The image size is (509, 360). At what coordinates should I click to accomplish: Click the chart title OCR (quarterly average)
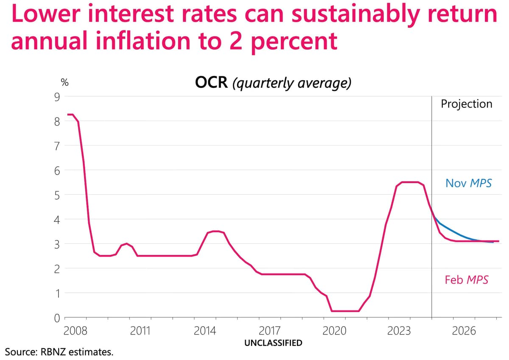click(273, 83)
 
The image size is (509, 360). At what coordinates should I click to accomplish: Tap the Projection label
click(467, 104)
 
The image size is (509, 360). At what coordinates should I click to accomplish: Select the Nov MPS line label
click(468, 183)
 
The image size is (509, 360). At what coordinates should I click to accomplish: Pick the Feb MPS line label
click(467, 280)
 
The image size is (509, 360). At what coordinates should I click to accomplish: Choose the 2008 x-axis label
click(75, 331)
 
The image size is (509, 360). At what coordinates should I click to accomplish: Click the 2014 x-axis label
click(205, 331)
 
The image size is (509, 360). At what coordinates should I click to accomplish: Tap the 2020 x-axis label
click(335, 331)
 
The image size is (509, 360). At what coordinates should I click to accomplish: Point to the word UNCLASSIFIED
click(273, 343)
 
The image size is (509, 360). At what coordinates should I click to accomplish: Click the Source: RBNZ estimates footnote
click(59, 352)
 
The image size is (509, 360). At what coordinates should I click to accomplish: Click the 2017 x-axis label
click(270, 331)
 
